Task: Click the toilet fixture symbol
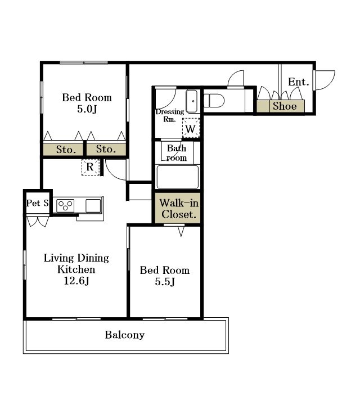pos(214,101)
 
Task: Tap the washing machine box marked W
pos(191,128)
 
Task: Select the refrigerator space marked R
pos(91,167)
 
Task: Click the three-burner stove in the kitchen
pos(65,206)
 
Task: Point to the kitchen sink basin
pos(93,206)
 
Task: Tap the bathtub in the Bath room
pos(178,177)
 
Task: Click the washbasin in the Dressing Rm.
pos(192,101)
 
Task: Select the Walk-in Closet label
pos(179,209)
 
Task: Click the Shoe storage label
pos(285,106)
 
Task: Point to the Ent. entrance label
pos(299,82)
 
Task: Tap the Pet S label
pos(38,203)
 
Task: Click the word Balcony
pos(125,335)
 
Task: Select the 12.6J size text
pos(76,281)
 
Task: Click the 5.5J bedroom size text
pos(165,282)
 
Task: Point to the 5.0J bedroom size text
pos(87,109)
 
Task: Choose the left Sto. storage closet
pos(63,150)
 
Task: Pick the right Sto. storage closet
pos(106,149)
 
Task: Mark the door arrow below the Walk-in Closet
pos(181,231)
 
